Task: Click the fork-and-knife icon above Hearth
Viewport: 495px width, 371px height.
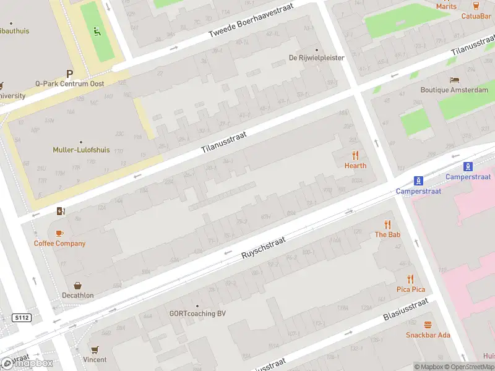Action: (355, 155)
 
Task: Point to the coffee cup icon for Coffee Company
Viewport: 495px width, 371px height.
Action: (59, 233)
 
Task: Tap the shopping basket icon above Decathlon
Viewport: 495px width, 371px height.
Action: (78, 286)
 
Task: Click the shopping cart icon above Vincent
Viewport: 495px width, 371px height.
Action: (95, 350)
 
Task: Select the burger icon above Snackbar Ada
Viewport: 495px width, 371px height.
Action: (428, 325)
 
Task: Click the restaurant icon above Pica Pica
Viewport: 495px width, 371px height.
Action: (410, 279)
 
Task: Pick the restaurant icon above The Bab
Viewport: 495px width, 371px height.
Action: (387, 224)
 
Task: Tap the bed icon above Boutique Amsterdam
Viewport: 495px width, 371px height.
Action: (454, 80)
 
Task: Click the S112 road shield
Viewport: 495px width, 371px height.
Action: (21, 318)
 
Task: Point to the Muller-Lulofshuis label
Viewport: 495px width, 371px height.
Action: (80, 150)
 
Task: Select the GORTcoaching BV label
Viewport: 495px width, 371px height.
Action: (197, 313)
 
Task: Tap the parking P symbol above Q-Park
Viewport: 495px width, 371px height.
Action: (69, 73)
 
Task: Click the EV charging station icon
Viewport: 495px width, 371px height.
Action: (60, 211)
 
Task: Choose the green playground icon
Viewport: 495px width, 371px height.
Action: (96, 32)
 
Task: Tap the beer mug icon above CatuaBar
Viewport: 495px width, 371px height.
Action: (476, 6)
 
